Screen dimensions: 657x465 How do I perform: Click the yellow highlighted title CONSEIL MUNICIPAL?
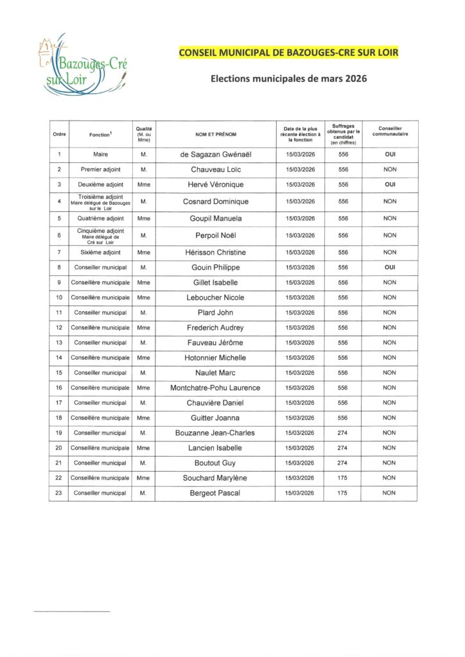(x=288, y=52)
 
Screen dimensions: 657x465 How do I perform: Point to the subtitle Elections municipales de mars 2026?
(x=288, y=80)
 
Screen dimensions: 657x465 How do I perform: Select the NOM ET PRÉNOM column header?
(x=215, y=135)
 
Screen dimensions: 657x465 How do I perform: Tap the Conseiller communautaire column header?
(x=389, y=135)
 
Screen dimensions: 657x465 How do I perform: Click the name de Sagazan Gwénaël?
(x=215, y=155)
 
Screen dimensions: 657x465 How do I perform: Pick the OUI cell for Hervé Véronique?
(x=389, y=185)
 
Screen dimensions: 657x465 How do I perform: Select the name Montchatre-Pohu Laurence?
(x=215, y=388)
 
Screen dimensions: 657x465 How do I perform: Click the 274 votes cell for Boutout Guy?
(x=343, y=463)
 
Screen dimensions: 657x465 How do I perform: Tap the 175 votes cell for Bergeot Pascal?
(x=343, y=493)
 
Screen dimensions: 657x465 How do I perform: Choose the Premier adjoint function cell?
(x=100, y=169)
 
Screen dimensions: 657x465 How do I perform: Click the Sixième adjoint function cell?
(x=100, y=252)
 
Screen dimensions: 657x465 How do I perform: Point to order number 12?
(x=59, y=327)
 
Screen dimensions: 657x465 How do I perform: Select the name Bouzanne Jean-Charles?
(x=215, y=432)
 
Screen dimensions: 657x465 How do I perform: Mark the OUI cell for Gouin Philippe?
(x=389, y=267)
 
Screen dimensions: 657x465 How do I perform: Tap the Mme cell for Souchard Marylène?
(x=144, y=478)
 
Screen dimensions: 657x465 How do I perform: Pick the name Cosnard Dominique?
(x=215, y=201)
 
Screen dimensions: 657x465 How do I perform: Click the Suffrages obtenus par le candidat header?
(x=343, y=135)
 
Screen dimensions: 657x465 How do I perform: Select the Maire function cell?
(x=100, y=155)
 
